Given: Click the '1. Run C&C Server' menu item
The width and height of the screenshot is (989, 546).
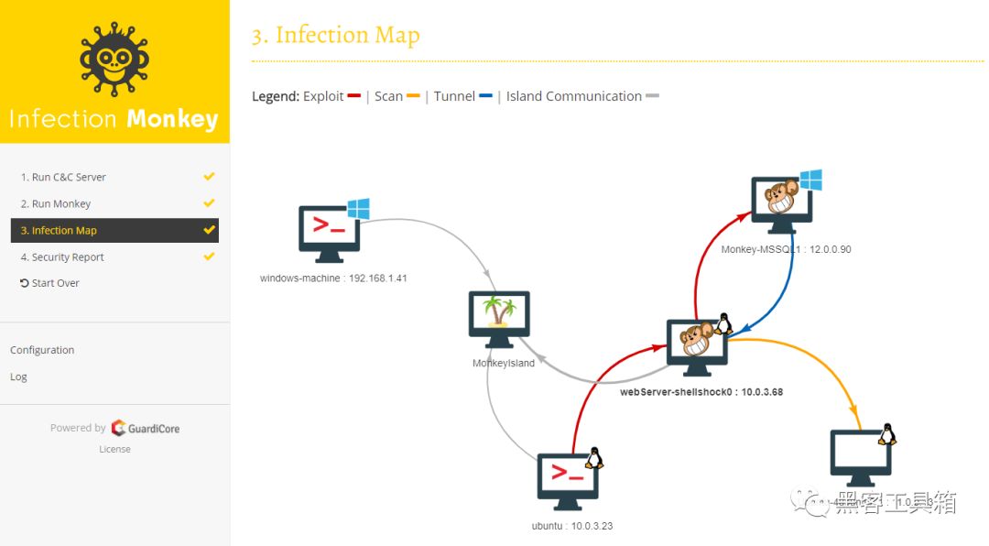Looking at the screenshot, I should pyautogui.click(x=63, y=177).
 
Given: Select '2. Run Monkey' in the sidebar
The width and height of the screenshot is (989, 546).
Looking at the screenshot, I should pyautogui.click(x=56, y=203).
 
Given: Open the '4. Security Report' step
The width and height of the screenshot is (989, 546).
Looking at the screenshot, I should pyautogui.click(x=62, y=257).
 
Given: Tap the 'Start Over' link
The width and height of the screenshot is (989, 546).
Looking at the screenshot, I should pyautogui.click(x=55, y=283).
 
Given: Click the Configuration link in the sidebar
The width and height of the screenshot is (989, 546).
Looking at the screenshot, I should pyautogui.click(x=42, y=350).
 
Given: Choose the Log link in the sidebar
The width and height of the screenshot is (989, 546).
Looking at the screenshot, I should pyautogui.click(x=18, y=377).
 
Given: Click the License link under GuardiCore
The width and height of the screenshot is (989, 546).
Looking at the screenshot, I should pyautogui.click(x=114, y=449).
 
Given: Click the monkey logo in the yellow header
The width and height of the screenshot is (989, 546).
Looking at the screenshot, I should pyautogui.click(x=114, y=60).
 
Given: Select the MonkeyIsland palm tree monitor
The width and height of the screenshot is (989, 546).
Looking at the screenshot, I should pyautogui.click(x=499, y=318).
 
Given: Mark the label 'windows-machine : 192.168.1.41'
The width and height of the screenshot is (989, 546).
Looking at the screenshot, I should pyautogui.click(x=333, y=277).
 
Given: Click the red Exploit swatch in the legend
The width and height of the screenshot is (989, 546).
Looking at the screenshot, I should pyautogui.click(x=354, y=96).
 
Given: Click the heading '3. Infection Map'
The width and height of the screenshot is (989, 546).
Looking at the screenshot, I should pyautogui.click(x=335, y=35).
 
